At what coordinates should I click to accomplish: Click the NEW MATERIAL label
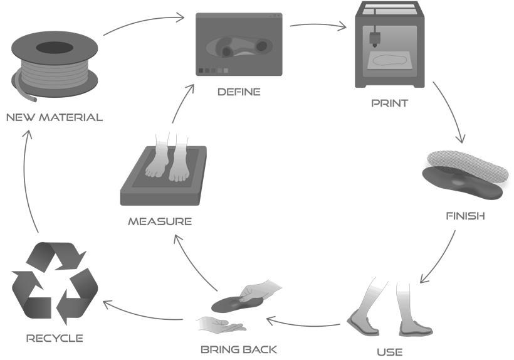[x=54, y=117]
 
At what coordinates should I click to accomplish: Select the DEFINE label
[x=239, y=92]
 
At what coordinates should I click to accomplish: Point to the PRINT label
[x=389, y=103]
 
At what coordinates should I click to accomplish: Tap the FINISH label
[x=464, y=216]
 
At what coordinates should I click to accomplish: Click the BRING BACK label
[x=238, y=349]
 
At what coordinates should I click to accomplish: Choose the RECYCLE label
[x=55, y=338]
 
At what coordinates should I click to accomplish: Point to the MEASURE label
[x=160, y=221]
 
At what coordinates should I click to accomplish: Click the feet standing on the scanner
[x=167, y=157]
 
